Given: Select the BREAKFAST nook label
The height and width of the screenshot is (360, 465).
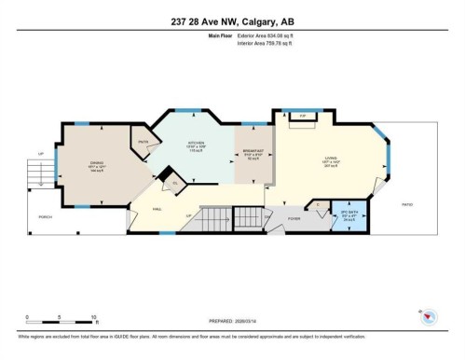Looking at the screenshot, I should point(252,154).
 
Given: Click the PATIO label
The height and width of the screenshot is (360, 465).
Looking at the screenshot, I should point(406,204).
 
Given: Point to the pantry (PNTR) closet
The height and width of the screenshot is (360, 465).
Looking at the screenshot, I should point(144,142).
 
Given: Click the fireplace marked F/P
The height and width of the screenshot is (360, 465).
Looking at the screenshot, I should point(302,117).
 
